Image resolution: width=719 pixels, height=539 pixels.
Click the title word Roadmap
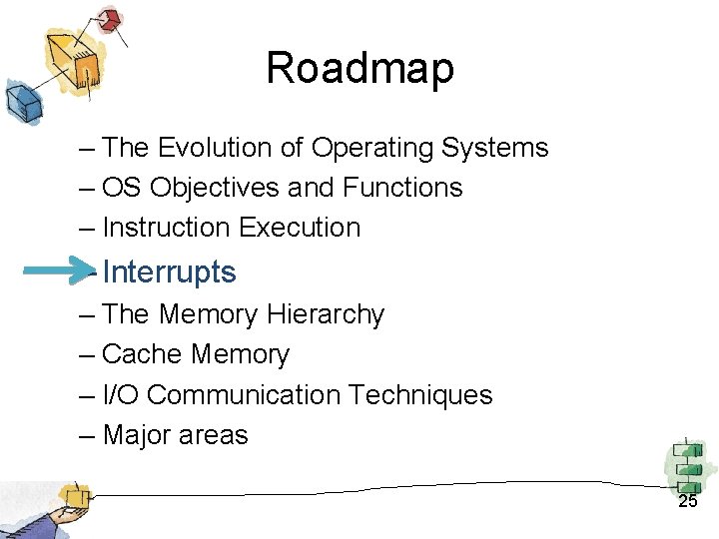tap(359, 69)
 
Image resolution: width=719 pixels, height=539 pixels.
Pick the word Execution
tap(301, 228)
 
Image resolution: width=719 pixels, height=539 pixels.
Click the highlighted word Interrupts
tap(169, 271)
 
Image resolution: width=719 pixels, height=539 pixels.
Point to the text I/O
tap(120, 395)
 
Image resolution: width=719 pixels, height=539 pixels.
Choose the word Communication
tap(244, 395)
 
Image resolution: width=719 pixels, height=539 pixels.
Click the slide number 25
tap(688, 502)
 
